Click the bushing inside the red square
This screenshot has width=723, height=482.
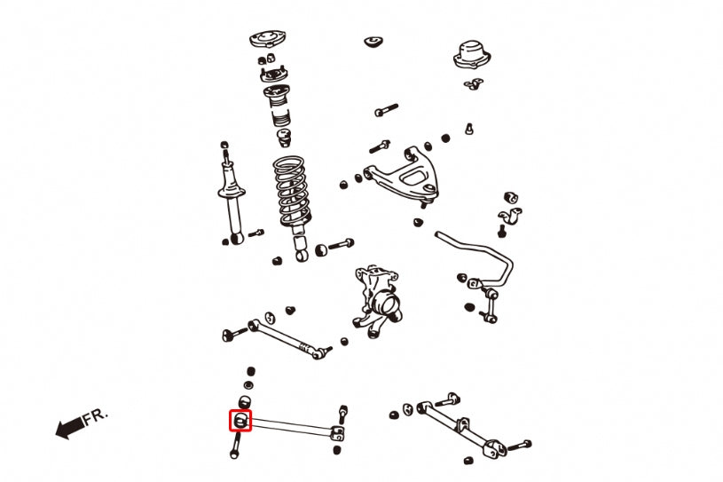(241, 420)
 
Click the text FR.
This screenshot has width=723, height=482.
(95, 418)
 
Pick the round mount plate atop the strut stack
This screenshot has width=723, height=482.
(264, 41)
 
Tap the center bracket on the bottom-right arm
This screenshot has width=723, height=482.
(459, 423)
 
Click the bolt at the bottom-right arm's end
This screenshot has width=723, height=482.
(521, 444)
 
